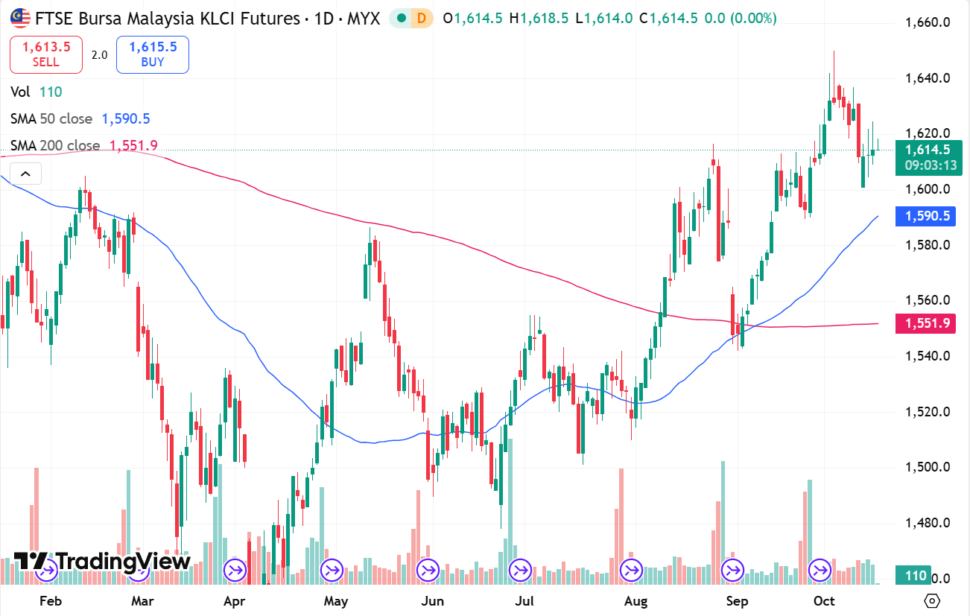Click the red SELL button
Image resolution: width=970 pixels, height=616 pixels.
tap(45, 54)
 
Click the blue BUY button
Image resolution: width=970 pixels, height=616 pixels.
tap(152, 54)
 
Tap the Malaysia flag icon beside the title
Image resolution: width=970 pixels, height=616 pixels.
tap(20, 18)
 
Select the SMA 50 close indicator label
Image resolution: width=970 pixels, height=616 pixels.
tap(51, 118)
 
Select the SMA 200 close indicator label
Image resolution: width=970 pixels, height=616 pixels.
tap(55, 145)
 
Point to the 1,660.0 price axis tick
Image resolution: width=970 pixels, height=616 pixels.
tap(927, 22)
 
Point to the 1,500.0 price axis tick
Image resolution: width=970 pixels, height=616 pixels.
tap(927, 467)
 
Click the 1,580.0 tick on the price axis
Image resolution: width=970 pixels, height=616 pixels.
tap(927, 245)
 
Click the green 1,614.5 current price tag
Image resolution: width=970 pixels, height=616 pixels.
tap(927, 150)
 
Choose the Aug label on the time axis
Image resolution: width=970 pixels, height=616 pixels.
tap(635, 601)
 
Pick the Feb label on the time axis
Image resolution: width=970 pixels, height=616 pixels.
tap(50, 601)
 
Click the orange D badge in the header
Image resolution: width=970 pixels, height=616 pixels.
tap(422, 18)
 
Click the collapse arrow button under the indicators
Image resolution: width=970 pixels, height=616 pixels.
tap(25, 174)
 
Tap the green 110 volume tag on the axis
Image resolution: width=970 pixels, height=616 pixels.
tap(916, 576)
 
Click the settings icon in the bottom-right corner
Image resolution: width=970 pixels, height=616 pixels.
tap(931, 600)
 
